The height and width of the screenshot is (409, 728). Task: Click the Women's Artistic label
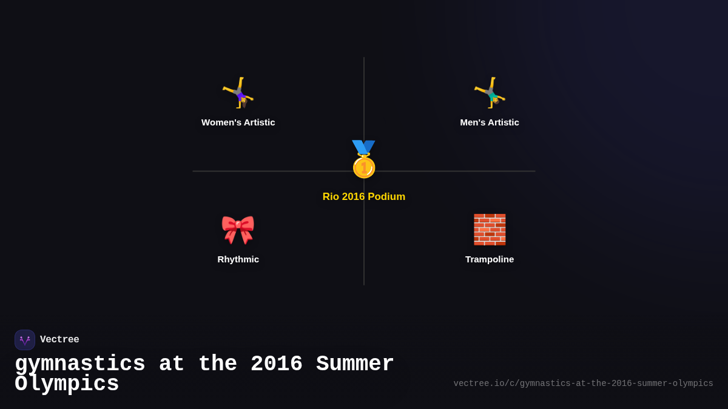coord(238,122)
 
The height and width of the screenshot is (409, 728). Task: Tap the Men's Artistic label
coord(490,122)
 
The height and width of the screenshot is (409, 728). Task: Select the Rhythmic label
coord(238,259)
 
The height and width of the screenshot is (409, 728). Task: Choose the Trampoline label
coord(490,259)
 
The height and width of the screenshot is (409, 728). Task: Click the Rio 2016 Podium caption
coord(364,197)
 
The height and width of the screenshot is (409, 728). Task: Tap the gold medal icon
coord(364,165)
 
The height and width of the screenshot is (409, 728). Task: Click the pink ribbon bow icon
coord(238,230)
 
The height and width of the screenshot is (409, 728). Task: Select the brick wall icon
coord(490,230)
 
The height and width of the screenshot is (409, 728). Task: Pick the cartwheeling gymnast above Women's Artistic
coord(238,93)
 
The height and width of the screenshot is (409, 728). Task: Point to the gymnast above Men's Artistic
coord(490,93)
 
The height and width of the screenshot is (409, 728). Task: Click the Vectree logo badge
coord(25,340)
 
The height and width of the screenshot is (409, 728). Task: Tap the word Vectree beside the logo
coord(59,340)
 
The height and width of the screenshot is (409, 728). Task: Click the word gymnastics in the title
coord(80,364)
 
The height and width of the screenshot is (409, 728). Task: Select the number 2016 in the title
coord(277,364)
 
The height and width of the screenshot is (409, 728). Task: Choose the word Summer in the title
coord(356,364)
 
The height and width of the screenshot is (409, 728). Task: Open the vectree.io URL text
coord(583,384)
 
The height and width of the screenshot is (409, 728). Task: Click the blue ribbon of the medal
coord(363,147)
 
